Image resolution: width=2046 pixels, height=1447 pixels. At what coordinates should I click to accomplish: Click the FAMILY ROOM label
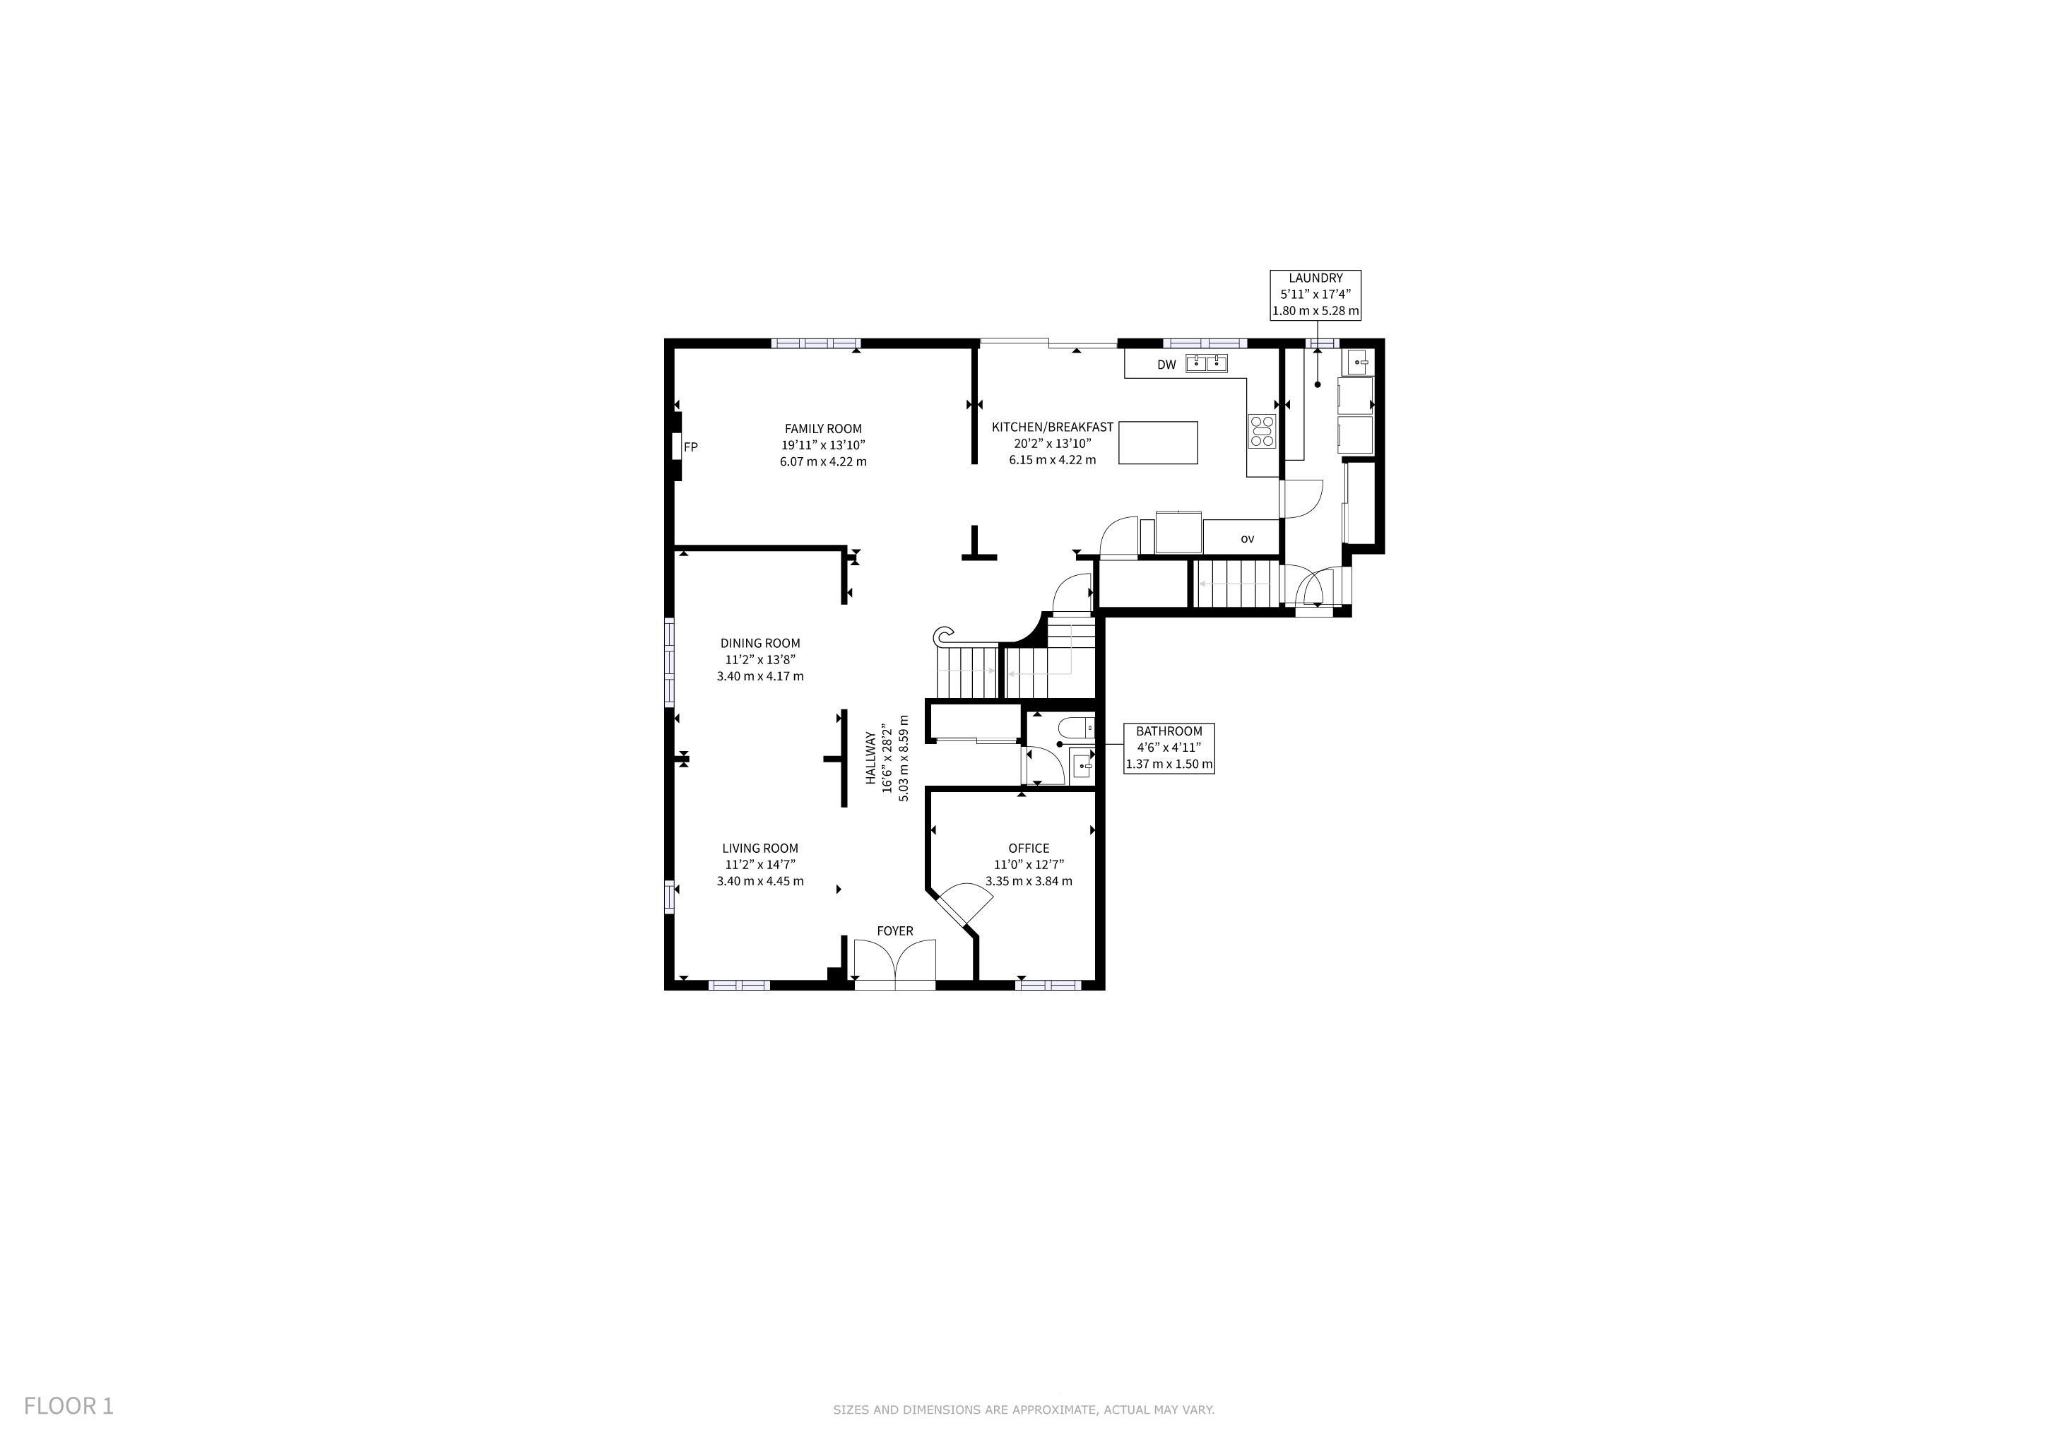point(822,429)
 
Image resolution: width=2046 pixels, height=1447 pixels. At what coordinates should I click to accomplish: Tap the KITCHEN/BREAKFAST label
point(1053,427)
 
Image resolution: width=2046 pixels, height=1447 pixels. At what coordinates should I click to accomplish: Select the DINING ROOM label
point(760,644)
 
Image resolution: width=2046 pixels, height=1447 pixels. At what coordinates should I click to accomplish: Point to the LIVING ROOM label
point(760,849)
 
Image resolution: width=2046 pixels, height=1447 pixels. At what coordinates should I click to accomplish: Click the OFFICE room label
point(1029,849)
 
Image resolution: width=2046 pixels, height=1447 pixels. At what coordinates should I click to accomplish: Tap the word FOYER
point(894,931)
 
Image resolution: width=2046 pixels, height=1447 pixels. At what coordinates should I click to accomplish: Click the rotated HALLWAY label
point(870,758)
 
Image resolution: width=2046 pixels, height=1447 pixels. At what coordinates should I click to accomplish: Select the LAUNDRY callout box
point(1315,295)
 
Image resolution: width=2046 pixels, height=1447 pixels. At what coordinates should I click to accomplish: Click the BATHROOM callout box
point(1169,748)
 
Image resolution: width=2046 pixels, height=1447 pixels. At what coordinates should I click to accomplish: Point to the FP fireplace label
point(691,447)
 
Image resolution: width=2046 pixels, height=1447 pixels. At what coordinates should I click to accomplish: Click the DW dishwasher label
point(1166,365)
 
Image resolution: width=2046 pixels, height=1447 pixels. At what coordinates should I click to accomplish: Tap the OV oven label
point(1248,539)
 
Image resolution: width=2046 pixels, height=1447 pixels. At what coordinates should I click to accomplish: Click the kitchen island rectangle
point(1157,443)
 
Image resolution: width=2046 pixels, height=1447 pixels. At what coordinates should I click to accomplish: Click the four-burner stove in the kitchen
point(1262,430)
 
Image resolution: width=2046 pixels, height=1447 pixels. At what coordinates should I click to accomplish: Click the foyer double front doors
point(894,962)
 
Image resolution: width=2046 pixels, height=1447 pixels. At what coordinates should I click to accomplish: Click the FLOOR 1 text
point(69,1406)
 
